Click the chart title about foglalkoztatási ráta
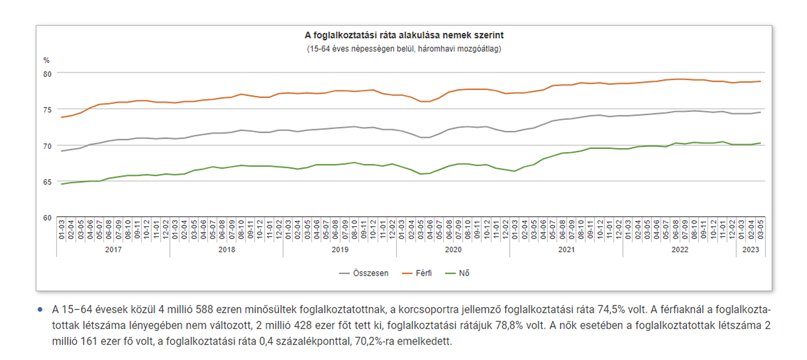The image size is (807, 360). click(404, 35)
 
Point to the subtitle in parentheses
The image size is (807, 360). click(404, 49)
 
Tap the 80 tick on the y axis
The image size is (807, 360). click(47, 74)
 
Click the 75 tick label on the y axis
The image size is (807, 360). click(47, 110)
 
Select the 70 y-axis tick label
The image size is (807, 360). click(47, 146)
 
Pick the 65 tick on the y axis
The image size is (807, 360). click(47, 182)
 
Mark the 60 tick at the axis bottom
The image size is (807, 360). click(47, 218)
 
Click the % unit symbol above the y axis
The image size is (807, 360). click(46, 60)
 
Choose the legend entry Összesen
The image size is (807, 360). click(370, 273)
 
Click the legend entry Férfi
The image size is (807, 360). click(423, 273)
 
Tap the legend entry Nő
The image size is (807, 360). click(464, 273)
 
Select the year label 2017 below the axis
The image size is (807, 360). click(113, 250)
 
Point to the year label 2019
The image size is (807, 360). click(340, 250)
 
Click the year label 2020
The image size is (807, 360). click(453, 250)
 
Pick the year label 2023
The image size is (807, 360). click(751, 250)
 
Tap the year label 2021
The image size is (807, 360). click(566, 250)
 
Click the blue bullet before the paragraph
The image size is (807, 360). click(40, 310)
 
